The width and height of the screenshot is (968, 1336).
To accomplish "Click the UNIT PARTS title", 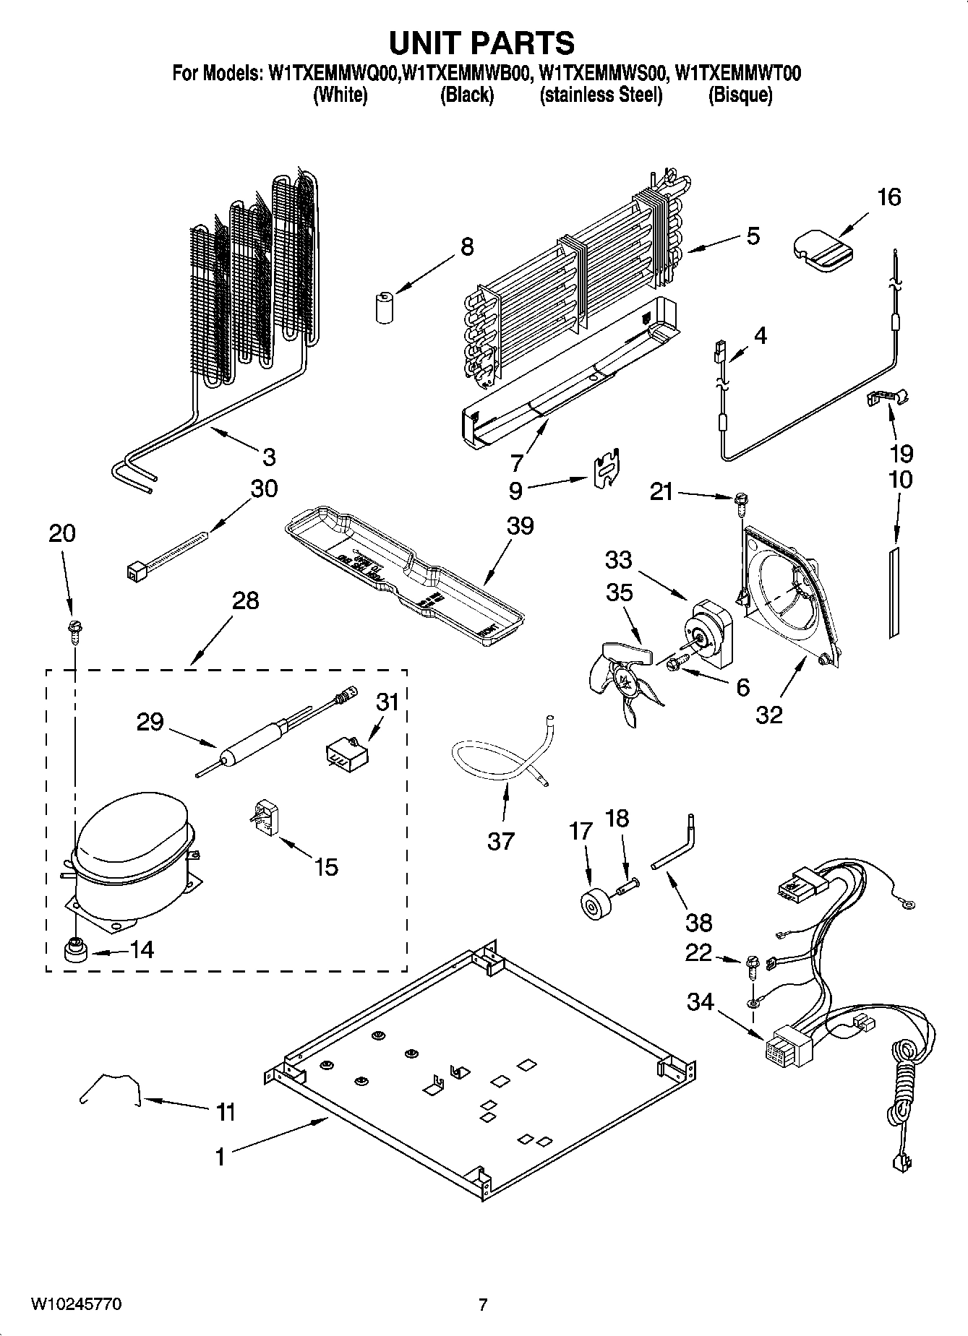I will (x=482, y=43).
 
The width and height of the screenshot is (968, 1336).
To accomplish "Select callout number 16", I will (x=888, y=197).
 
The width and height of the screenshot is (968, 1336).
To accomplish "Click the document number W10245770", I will (x=75, y=1304).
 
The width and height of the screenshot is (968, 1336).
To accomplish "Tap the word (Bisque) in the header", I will (x=740, y=95).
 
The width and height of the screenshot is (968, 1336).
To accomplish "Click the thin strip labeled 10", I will (x=895, y=592).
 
